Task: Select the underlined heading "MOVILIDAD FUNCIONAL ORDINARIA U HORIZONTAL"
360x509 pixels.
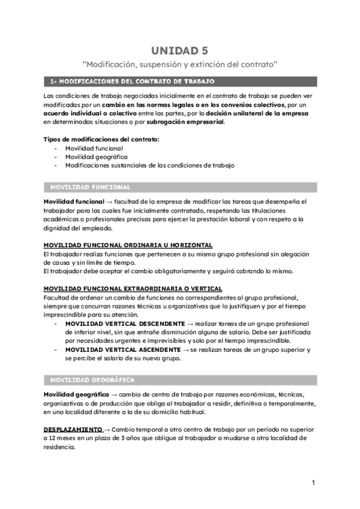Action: tap(128, 245)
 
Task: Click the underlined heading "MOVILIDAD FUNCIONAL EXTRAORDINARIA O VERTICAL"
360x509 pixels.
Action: tap(133, 288)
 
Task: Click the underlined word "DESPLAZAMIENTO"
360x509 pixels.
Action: tap(73, 430)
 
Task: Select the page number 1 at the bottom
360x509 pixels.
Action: tap(313, 483)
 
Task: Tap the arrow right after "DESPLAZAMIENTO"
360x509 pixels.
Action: tap(107, 430)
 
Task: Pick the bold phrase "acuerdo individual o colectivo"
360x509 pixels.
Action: tap(85, 113)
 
